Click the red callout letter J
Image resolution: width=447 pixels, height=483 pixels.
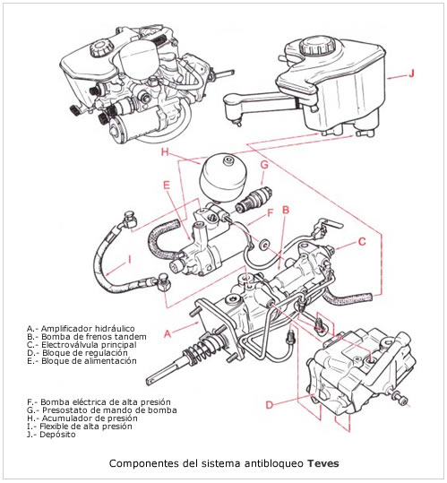(411, 73)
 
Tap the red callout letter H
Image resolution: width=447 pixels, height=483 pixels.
(166, 151)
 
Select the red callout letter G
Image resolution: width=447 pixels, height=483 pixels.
(264, 165)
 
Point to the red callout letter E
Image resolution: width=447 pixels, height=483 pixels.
(167, 185)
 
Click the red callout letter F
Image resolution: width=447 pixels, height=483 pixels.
(271, 213)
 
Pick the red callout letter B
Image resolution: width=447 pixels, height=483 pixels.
(286, 210)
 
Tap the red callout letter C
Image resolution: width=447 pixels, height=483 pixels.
(362, 242)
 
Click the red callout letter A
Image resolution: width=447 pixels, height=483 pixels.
(168, 333)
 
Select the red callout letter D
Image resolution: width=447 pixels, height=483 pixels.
(270, 405)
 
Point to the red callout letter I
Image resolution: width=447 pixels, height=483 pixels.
(130, 260)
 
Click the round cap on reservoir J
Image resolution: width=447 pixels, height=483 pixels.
(316, 47)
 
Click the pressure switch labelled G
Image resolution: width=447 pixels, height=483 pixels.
(253, 199)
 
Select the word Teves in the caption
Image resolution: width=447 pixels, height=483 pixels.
(323, 463)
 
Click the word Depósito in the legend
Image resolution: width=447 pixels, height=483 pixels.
(58, 435)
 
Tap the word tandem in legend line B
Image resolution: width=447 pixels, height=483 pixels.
(130, 337)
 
